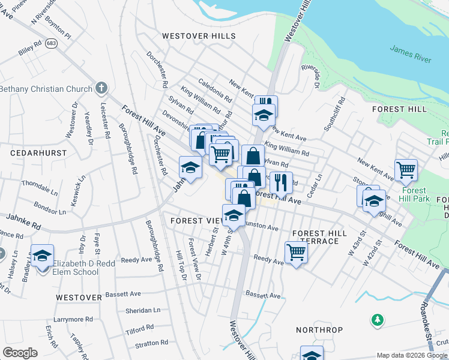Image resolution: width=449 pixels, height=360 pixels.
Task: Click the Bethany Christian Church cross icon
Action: [x=101, y=89]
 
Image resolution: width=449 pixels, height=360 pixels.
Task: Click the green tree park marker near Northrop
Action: [x=377, y=320]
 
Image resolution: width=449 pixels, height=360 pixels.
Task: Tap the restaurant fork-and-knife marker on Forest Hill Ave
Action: [x=280, y=182]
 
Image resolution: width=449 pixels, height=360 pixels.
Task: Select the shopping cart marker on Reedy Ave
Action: [x=296, y=253]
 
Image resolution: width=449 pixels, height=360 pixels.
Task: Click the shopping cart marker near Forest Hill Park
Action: [x=406, y=170]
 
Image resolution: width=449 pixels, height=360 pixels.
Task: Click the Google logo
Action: [x=20, y=352]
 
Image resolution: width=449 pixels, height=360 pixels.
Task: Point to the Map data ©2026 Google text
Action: [x=412, y=355]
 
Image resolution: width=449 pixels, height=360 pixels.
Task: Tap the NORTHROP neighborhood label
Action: [x=319, y=330]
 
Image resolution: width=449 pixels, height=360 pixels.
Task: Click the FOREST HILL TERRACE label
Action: [x=316, y=237]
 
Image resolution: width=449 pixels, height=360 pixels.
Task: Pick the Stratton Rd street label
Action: [x=151, y=344]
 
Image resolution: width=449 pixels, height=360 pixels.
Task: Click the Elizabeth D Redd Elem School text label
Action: [x=75, y=268]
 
